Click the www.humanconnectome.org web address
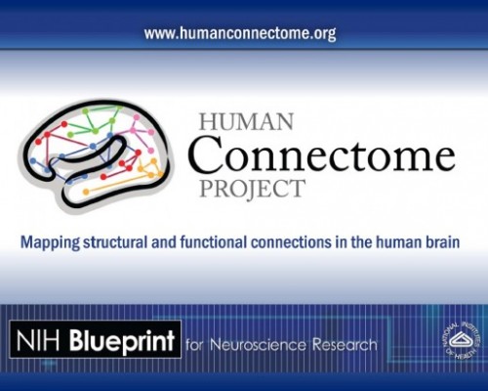coord(240,33)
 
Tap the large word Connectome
coord(322,153)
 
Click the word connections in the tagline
coord(306,240)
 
